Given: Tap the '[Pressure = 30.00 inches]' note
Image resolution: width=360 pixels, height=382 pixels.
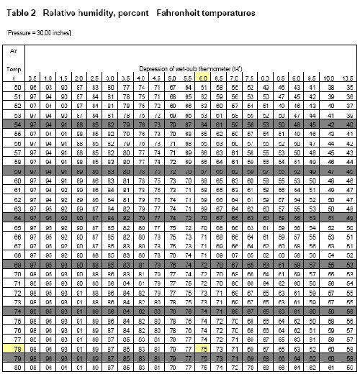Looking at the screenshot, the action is tap(38, 33).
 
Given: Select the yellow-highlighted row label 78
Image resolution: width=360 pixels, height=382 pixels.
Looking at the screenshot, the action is tap(14, 347).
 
